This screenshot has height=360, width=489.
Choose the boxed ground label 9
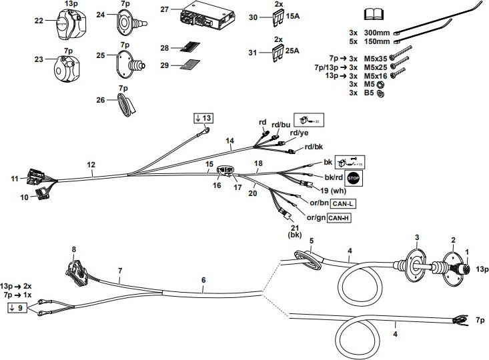point(19,307)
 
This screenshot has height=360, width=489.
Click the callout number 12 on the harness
point(91,164)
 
